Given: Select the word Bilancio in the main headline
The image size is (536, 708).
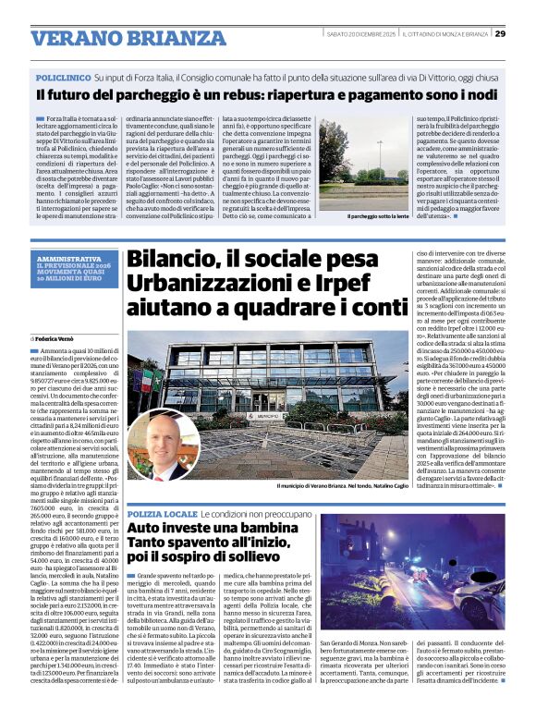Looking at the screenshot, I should (173, 262).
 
